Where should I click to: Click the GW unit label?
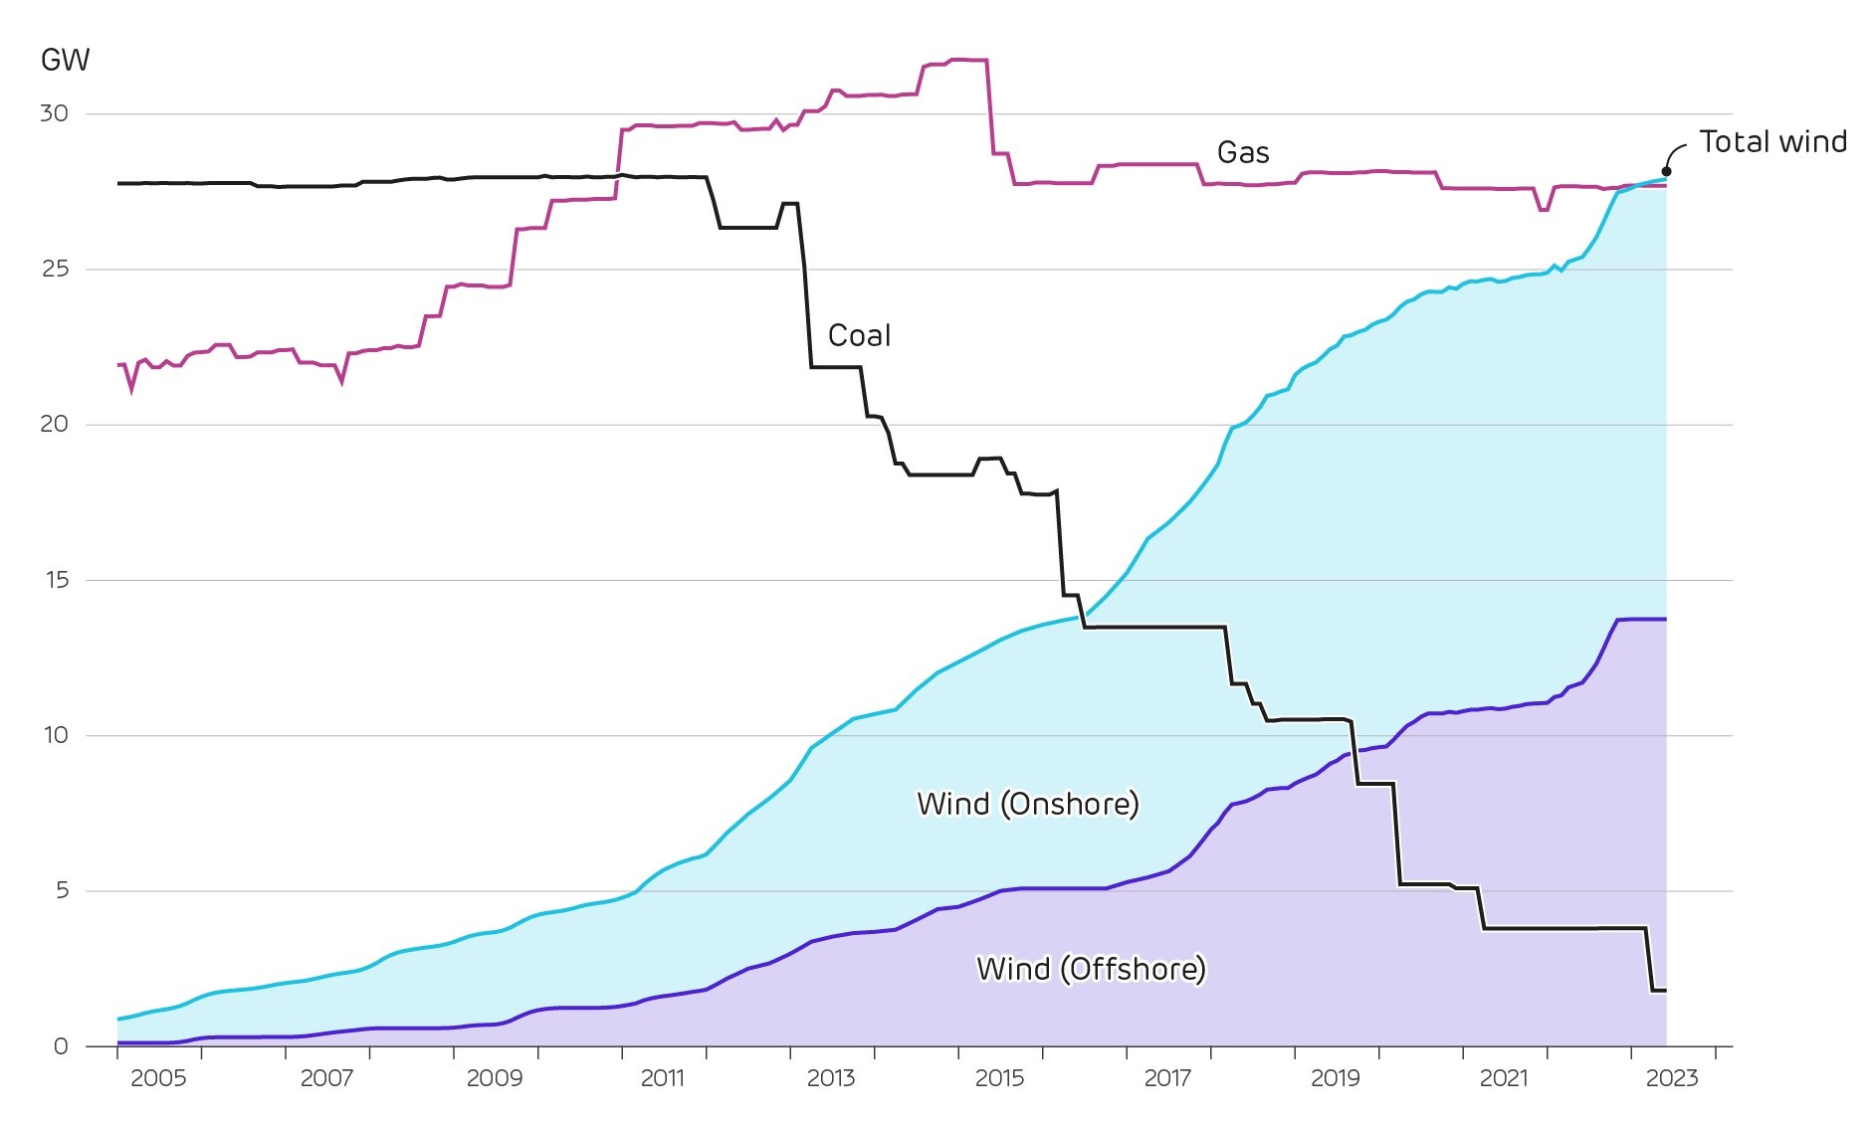tap(65, 61)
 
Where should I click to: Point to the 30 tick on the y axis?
tap(54, 113)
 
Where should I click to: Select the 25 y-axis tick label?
tap(55, 269)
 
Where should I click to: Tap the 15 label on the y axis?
tap(56, 580)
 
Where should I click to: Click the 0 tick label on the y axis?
tap(61, 1046)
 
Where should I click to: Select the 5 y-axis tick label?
tap(62, 890)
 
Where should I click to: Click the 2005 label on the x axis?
tap(158, 1078)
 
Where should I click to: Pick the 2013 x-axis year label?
tap(830, 1078)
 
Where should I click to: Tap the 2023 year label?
tap(1671, 1078)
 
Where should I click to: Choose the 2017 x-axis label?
tap(1166, 1078)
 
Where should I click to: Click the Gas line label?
tap(1243, 153)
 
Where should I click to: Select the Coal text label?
tap(859, 336)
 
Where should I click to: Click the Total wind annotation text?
tap(1772, 142)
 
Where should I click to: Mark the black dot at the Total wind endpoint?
tap(1666, 171)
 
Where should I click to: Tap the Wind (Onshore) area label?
tap(1027, 804)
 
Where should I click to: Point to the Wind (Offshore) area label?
tap(1091, 969)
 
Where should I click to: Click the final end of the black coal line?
tap(1665, 990)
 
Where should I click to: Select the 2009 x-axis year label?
tap(494, 1078)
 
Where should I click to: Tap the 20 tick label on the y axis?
tap(54, 425)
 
